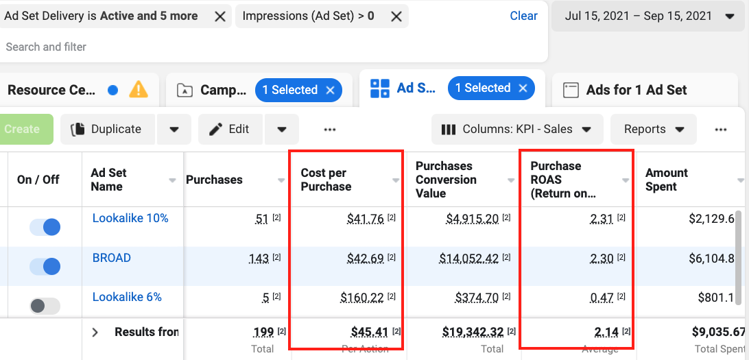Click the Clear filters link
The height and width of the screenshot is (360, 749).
coord(523,16)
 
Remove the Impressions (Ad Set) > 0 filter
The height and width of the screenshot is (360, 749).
coord(396,16)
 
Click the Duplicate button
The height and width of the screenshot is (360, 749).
coord(108,129)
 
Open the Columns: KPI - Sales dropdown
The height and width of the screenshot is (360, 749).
coord(517,129)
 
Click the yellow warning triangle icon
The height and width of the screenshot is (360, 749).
coord(139,90)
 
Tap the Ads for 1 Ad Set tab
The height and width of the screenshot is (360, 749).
coord(636,90)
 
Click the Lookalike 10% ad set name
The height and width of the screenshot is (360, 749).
coord(130,218)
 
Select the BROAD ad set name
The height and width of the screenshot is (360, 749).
coord(112,258)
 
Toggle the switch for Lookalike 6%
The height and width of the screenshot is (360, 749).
coord(45,306)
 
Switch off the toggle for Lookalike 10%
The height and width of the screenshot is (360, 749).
coord(45,227)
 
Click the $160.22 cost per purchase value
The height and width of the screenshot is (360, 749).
coord(363,298)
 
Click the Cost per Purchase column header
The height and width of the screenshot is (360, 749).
coord(326,180)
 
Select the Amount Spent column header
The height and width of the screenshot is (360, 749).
coord(666,180)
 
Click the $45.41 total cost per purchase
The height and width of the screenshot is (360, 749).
coord(369,333)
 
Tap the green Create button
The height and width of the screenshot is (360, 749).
coord(22,129)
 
